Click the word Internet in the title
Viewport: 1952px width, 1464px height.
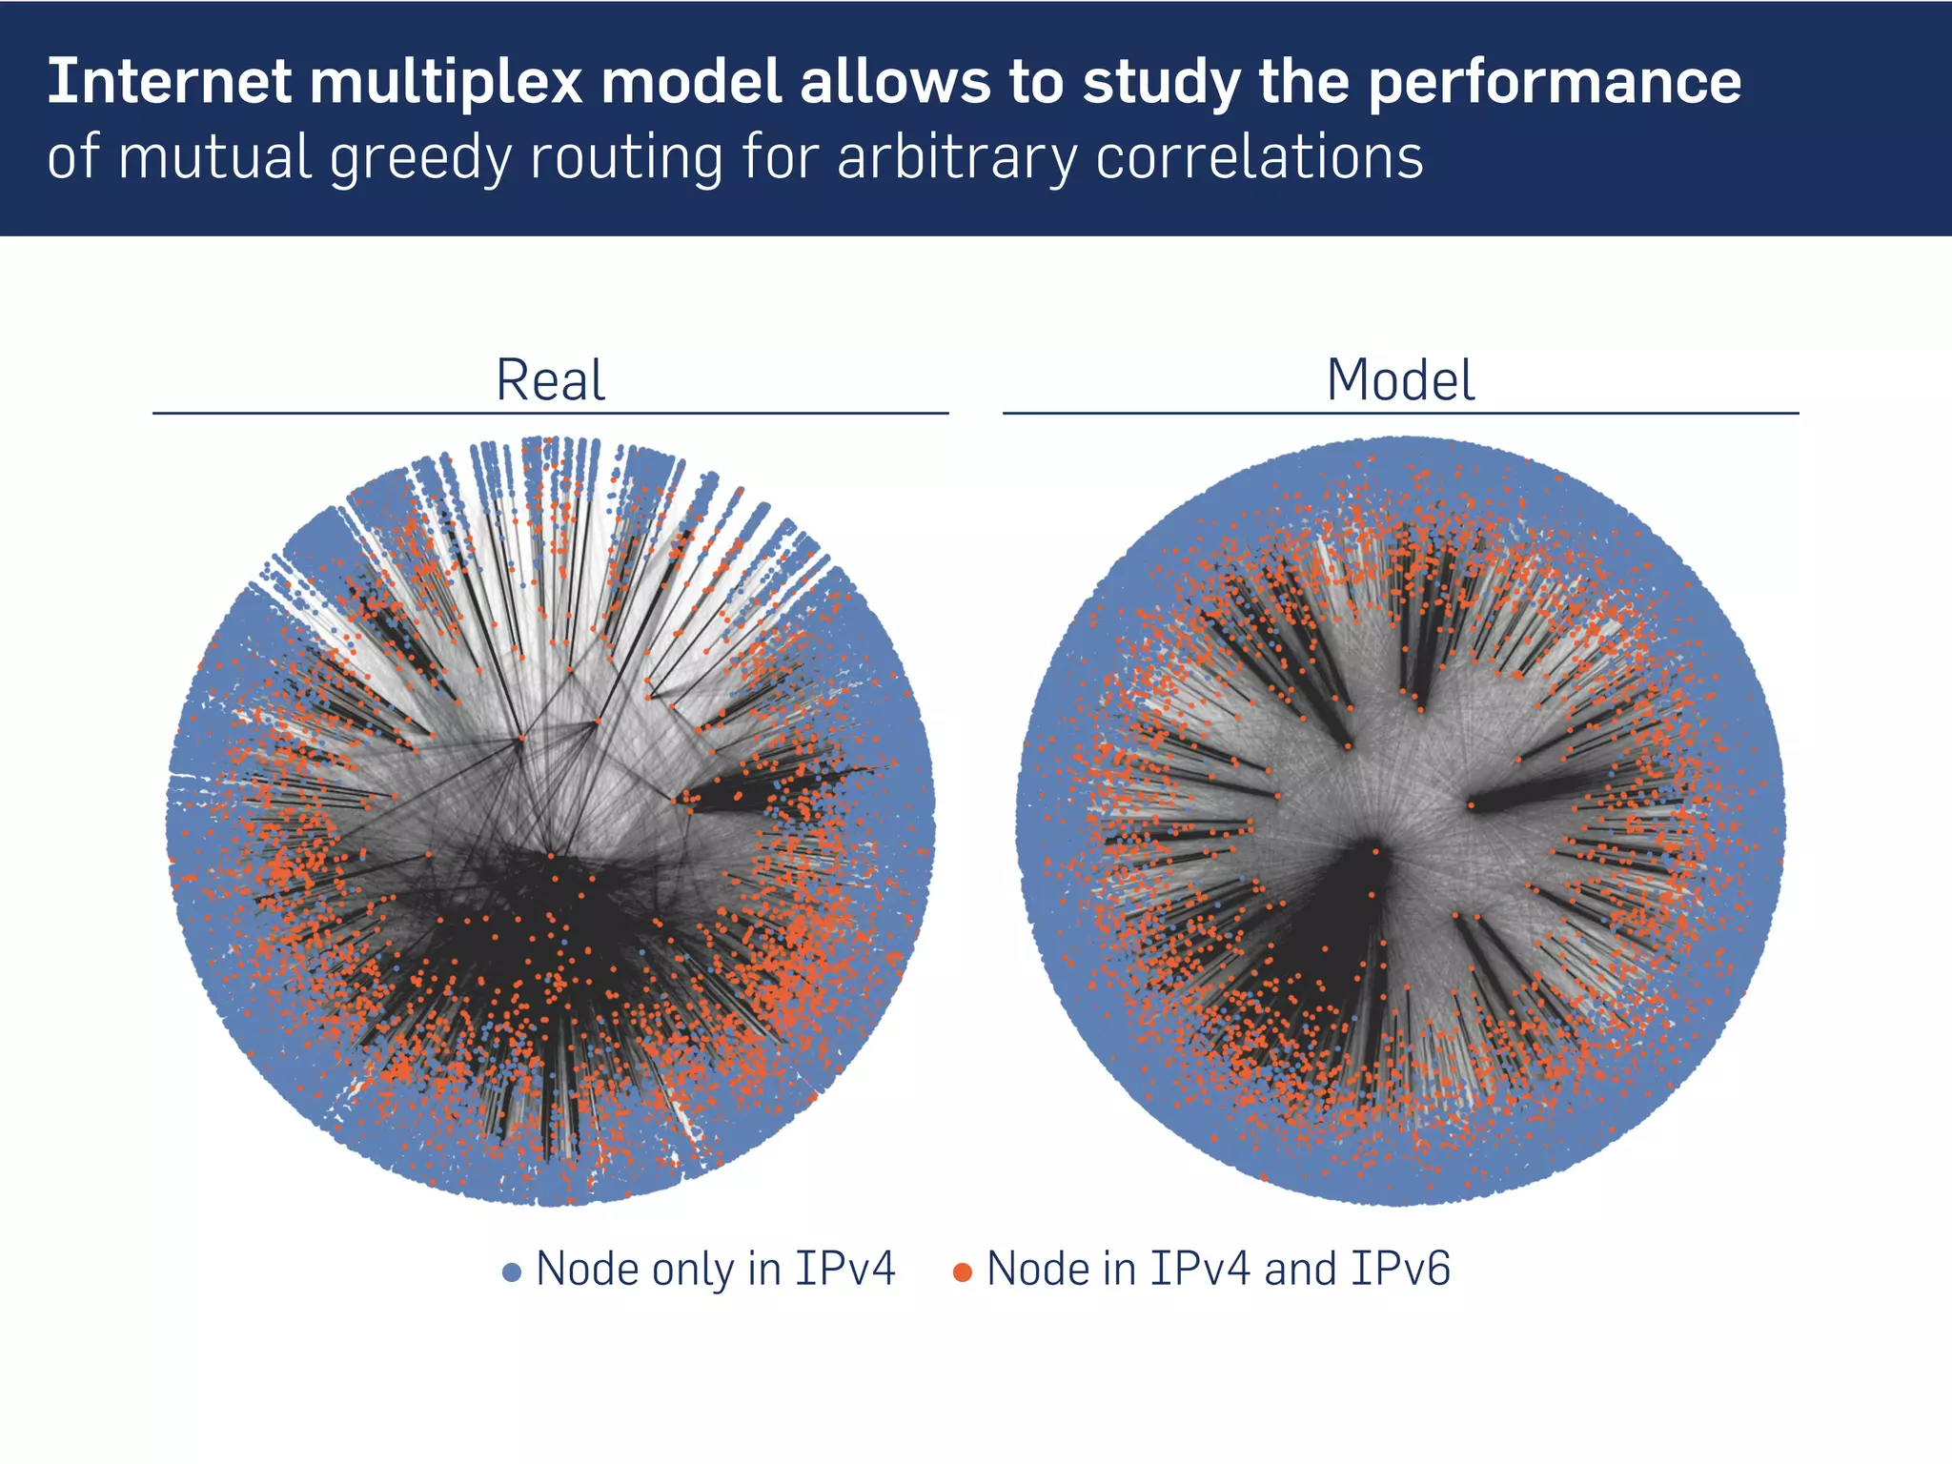pyautogui.click(x=169, y=82)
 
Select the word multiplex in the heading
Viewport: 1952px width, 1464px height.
pyautogui.click(x=445, y=82)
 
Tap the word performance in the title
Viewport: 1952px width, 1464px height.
pyautogui.click(x=1555, y=84)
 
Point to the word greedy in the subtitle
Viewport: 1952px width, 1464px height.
pyautogui.click(x=420, y=158)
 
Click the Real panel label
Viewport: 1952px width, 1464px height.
pyautogui.click(x=550, y=381)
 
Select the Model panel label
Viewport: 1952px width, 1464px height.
pyautogui.click(x=1400, y=381)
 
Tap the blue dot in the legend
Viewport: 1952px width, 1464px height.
pyautogui.click(x=512, y=1272)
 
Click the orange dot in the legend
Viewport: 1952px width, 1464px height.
pyautogui.click(x=963, y=1272)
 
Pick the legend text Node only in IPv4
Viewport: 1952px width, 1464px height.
pyautogui.click(x=716, y=1270)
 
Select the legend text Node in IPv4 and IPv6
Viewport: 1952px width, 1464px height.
pyautogui.click(x=1218, y=1270)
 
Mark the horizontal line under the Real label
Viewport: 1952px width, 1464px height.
pyautogui.click(x=550, y=414)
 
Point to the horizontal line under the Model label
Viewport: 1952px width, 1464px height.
pyautogui.click(x=1400, y=414)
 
